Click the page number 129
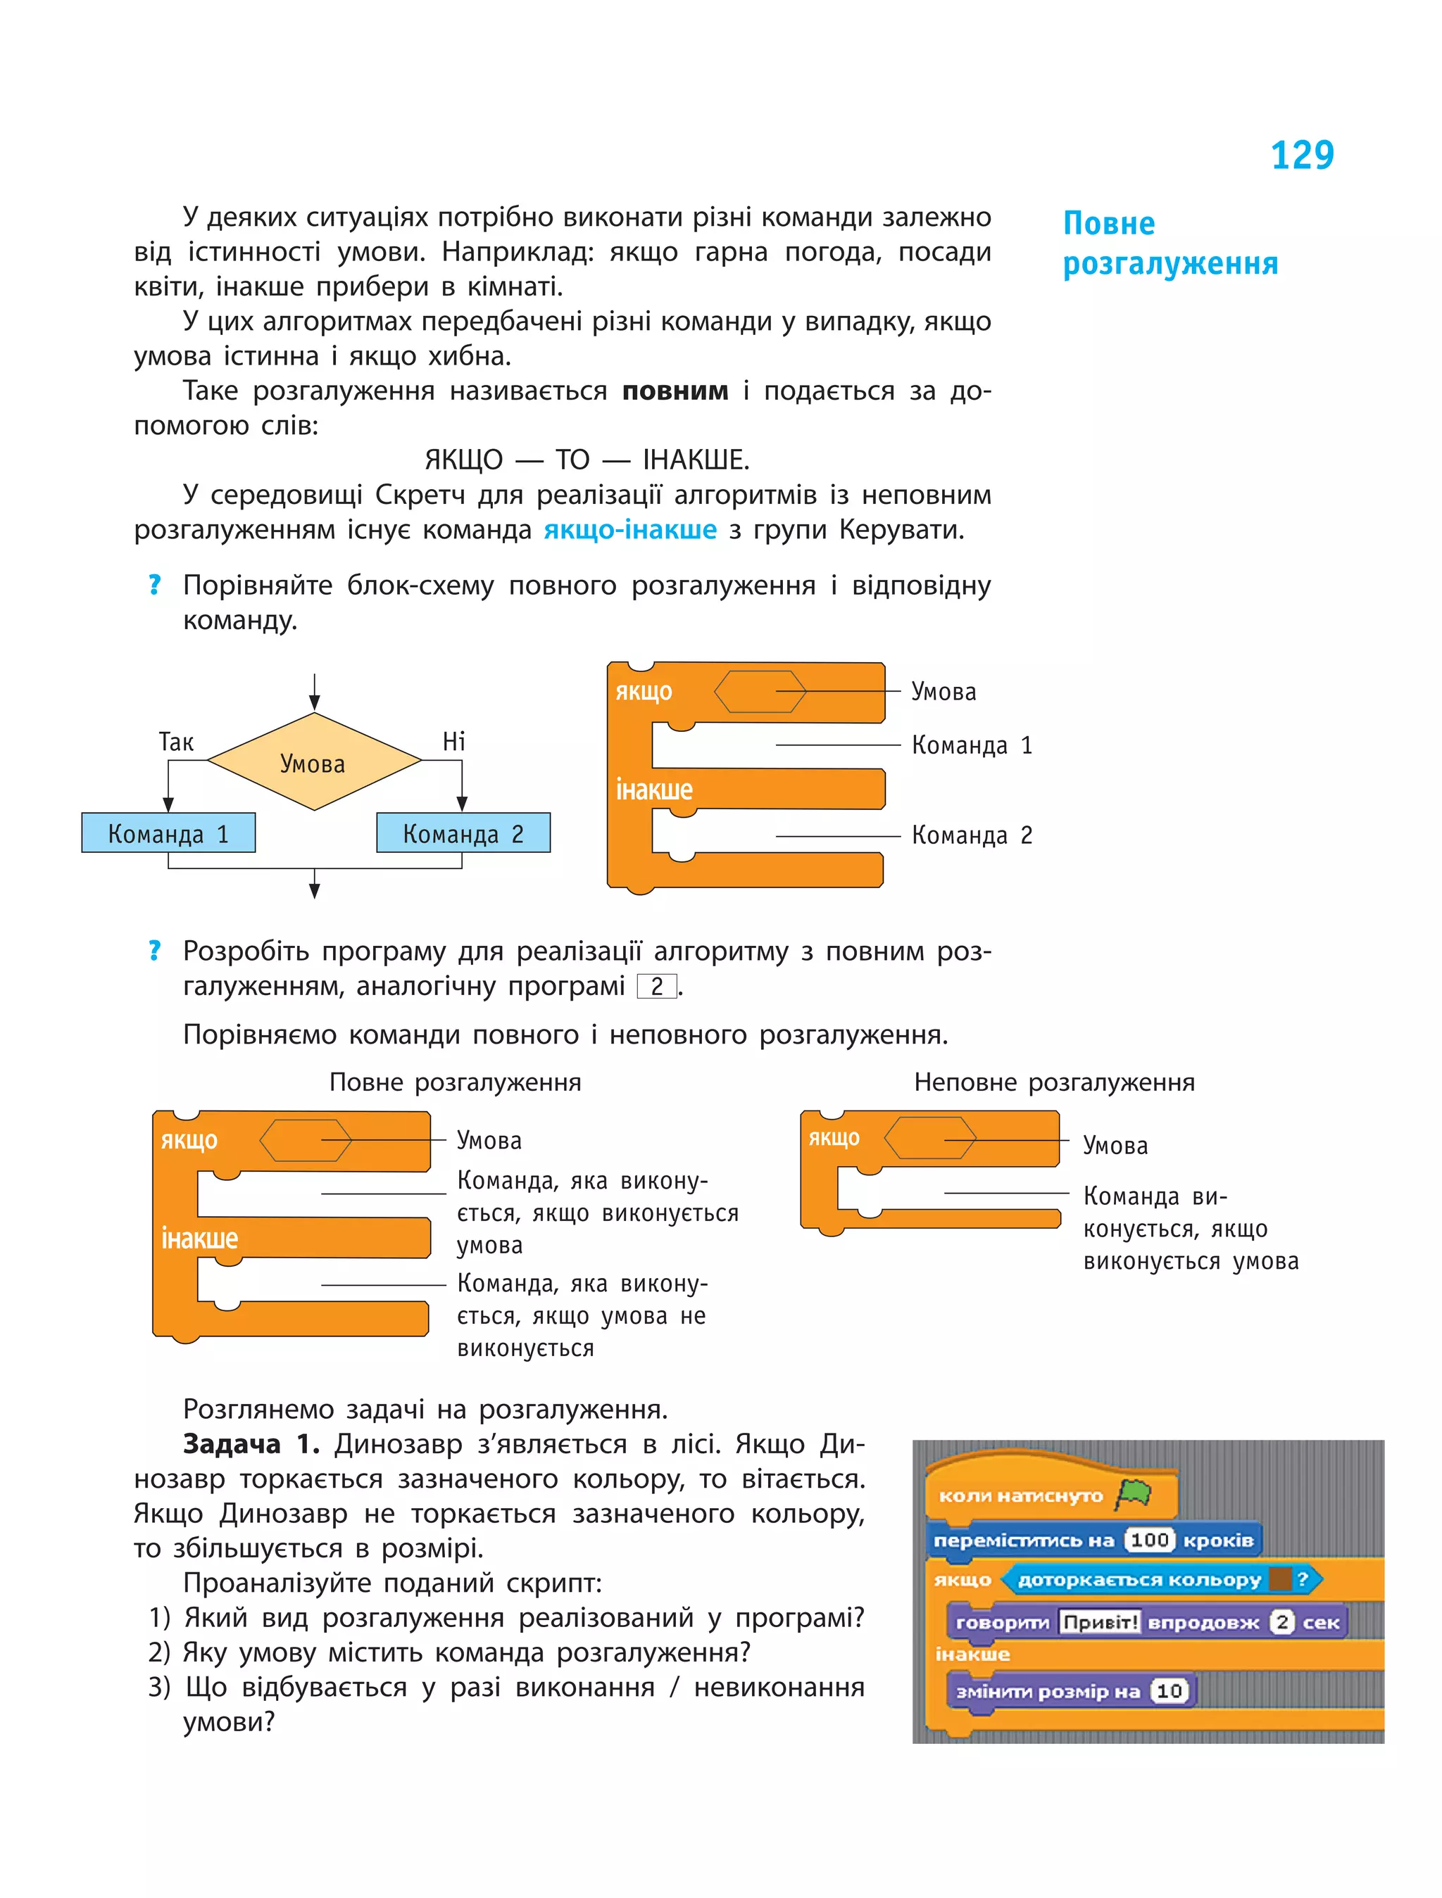click(x=1301, y=156)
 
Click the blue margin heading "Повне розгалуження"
click(x=1170, y=243)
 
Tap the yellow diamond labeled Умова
click(x=314, y=762)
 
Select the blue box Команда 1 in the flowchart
click(x=168, y=833)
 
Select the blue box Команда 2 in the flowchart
click(x=463, y=833)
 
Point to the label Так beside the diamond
click(x=176, y=741)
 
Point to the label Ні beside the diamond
click(x=453, y=741)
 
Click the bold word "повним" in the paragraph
click(x=675, y=391)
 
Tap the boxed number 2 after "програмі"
click(x=657, y=986)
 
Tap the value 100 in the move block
click(x=1149, y=1540)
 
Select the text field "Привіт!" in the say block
click(x=1100, y=1621)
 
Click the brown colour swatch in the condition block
click(x=1280, y=1578)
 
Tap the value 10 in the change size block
click(x=1169, y=1690)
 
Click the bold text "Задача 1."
click(x=251, y=1444)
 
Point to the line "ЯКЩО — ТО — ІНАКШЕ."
click(x=587, y=460)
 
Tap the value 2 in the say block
click(x=1281, y=1621)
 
